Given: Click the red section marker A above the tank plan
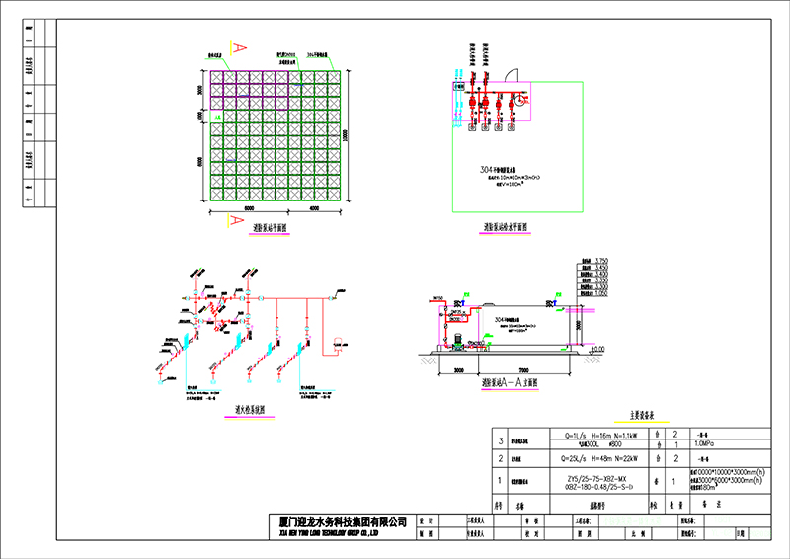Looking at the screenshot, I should point(238,46).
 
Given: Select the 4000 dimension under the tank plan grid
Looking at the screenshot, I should point(314,209).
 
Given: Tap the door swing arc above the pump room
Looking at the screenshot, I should point(512,74).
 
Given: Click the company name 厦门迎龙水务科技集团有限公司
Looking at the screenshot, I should point(338,519).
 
